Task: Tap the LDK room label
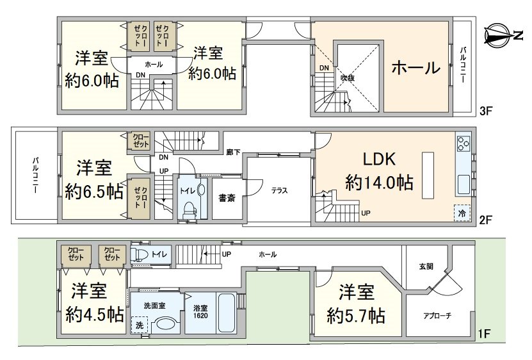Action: (380, 159)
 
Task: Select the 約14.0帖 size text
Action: (380, 183)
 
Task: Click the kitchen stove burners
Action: (463, 143)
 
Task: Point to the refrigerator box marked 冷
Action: (462, 213)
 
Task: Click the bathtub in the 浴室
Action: (227, 312)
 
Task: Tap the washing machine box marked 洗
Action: (140, 325)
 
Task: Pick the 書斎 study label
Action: (227, 198)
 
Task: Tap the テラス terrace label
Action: (279, 190)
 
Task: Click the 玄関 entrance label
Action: (426, 266)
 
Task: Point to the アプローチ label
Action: (437, 316)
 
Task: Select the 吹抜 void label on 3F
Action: (348, 78)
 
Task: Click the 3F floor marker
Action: (485, 111)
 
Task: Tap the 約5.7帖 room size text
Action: (356, 316)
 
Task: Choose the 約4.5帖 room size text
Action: (94, 315)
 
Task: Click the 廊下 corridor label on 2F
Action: (233, 152)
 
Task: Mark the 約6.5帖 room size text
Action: (94, 192)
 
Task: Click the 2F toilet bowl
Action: (189, 211)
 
